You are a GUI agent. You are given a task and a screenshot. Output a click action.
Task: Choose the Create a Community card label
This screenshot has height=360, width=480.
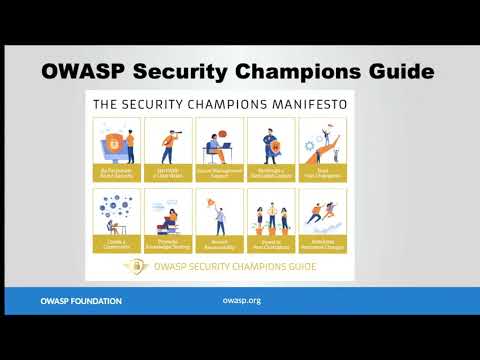pos(116,243)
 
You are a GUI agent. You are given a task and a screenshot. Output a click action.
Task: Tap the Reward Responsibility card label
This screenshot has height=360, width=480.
pos(219,243)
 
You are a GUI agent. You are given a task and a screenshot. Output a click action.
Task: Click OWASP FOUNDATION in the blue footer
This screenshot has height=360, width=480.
pos(81,300)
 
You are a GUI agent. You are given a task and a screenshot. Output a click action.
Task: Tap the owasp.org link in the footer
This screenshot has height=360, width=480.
pos(241,300)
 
